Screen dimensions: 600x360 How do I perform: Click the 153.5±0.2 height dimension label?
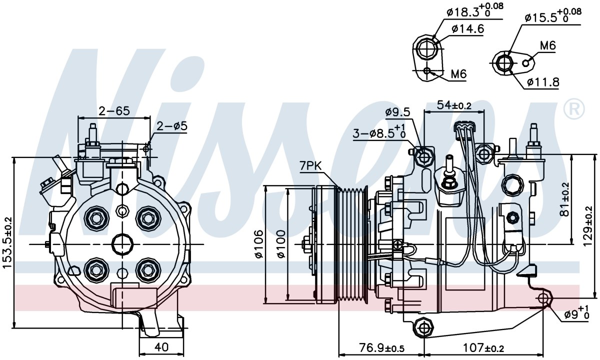(8, 242)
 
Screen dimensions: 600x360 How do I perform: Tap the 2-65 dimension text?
(114, 110)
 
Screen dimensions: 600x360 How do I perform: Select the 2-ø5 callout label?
(172, 126)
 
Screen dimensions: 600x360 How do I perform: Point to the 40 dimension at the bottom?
(161, 347)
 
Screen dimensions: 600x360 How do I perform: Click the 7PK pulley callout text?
(310, 166)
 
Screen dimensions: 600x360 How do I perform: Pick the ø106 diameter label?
(259, 244)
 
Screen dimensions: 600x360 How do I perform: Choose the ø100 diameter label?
(281, 244)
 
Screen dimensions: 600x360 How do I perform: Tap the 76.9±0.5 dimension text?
(381, 348)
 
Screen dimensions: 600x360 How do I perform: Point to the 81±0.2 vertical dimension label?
(565, 199)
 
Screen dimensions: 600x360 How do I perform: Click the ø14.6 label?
(467, 29)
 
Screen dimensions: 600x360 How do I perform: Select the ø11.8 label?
(543, 81)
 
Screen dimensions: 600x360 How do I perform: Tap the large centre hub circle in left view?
(122, 244)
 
